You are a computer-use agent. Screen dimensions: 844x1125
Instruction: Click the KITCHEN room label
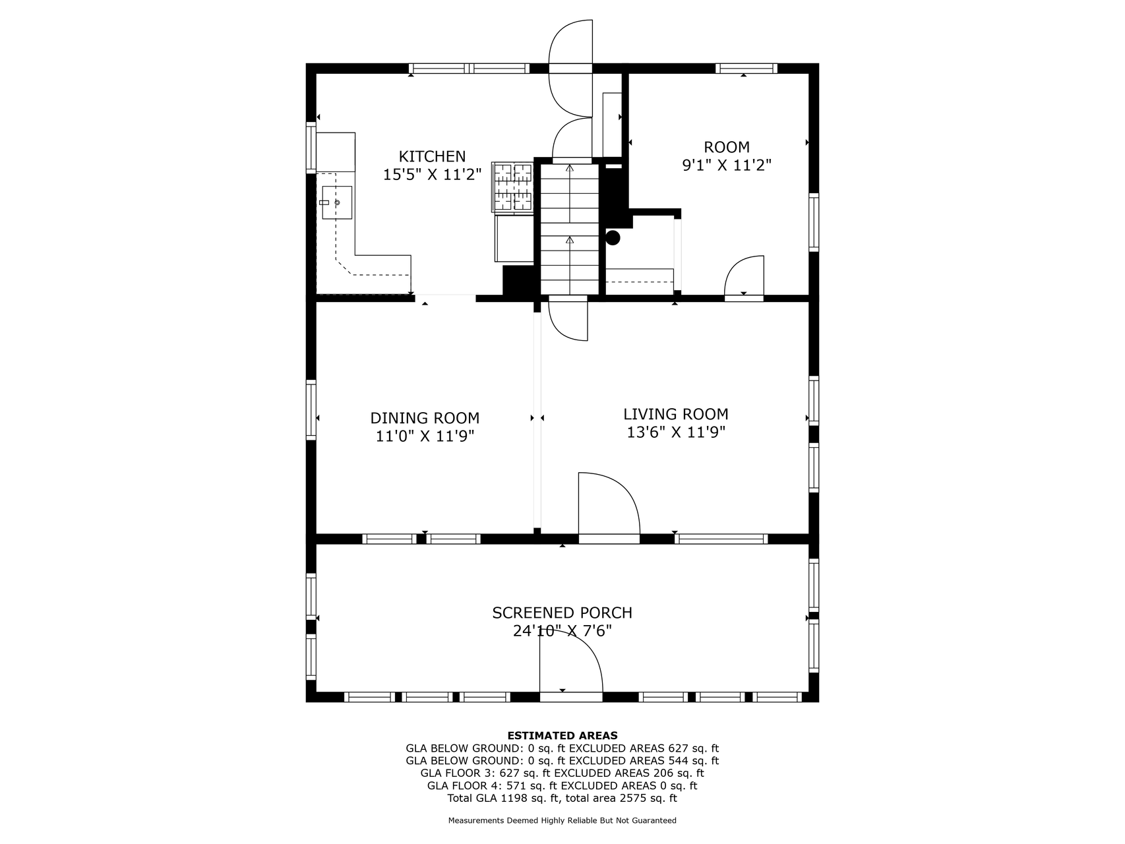pyautogui.click(x=432, y=156)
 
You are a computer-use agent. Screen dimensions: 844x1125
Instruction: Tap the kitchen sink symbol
pyautogui.click(x=337, y=202)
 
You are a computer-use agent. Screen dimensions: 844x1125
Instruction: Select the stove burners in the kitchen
pyautogui.click(x=512, y=187)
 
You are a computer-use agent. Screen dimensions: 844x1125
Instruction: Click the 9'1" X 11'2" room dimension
pyautogui.click(x=727, y=165)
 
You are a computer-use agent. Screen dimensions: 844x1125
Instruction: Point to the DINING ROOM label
pyautogui.click(x=425, y=418)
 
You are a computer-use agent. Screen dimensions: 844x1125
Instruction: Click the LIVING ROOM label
pyautogui.click(x=676, y=414)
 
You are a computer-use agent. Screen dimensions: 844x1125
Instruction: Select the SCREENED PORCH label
pyautogui.click(x=562, y=613)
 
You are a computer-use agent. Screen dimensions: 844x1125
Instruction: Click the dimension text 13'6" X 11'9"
pyautogui.click(x=676, y=433)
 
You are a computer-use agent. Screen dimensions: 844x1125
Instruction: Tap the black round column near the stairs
pyautogui.click(x=613, y=237)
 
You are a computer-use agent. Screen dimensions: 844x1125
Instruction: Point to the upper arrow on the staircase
pyautogui.click(x=570, y=169)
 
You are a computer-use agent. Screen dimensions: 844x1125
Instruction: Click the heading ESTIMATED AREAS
pyautogui.click(x=562, y=735)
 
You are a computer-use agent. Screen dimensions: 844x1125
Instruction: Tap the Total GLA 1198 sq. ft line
pyautogui.click(x=562, y=798)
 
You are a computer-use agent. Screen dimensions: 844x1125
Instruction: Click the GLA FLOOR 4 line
pyautogui.click(x=562, y=785)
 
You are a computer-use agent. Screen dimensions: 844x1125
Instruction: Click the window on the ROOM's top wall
pyautogui.click(x=746, y=68)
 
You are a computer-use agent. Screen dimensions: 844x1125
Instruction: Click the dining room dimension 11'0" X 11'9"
pyautogui.click(x=425, y=436)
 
